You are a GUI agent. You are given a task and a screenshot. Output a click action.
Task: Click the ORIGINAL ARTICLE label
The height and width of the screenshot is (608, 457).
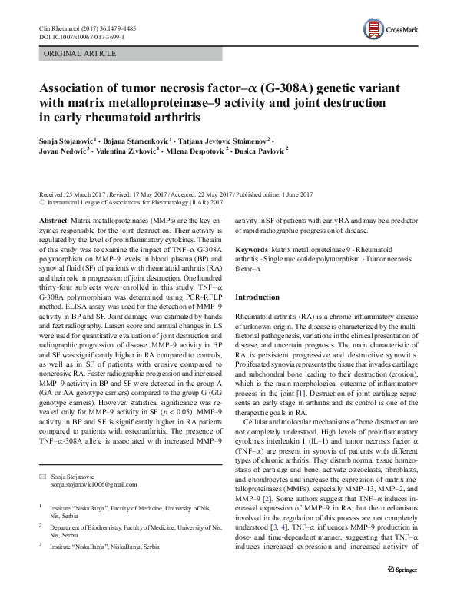coord(81,54)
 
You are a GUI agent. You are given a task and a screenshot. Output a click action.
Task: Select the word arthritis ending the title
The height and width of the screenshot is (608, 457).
coord(174,118)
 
